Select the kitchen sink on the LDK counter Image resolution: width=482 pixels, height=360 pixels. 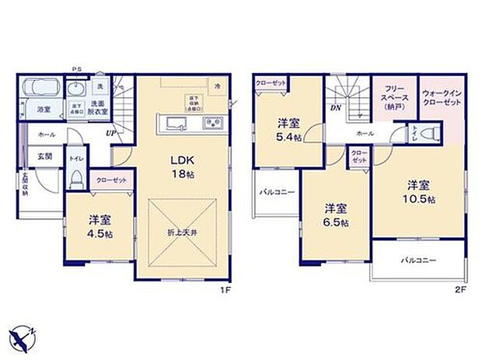[174, 124]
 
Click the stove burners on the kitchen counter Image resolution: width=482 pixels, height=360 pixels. [212, 124]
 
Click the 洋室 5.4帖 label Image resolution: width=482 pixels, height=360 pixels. [288, 128]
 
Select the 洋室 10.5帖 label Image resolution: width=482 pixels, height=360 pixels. [417, 192]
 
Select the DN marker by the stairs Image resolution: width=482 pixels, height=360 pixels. [335, 110]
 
